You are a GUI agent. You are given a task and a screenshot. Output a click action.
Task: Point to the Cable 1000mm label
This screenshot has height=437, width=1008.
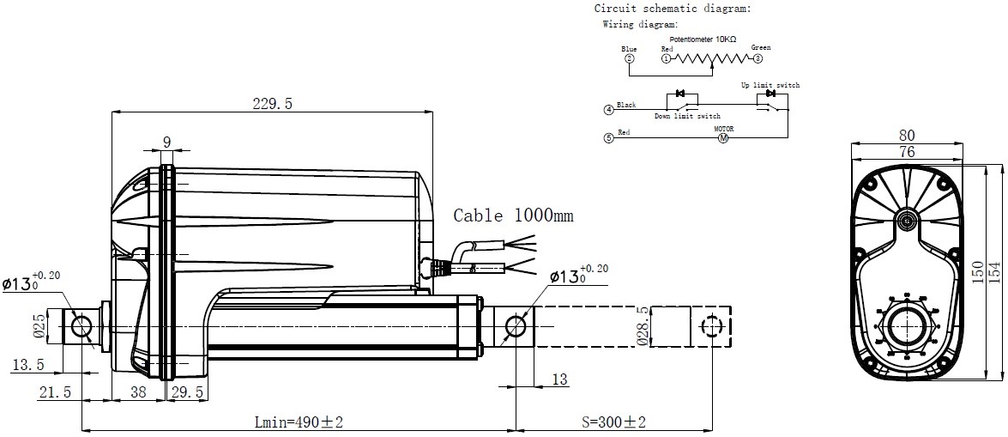513,215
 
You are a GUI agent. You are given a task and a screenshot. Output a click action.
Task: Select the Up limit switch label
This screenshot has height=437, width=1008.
770,86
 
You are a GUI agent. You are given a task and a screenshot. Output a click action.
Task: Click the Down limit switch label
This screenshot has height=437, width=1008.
687,116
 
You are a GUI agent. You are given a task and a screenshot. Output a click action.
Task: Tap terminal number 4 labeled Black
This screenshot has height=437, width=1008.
609,110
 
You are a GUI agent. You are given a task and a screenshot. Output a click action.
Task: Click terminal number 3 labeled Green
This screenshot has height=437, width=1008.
758,59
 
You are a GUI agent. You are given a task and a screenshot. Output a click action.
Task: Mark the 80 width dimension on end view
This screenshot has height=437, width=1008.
907,135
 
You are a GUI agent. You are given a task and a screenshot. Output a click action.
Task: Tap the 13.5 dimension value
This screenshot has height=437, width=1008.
28,367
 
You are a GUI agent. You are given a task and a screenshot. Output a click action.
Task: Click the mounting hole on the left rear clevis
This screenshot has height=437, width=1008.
82,326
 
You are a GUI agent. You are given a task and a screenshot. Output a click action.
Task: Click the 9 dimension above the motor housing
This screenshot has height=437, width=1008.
166,143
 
